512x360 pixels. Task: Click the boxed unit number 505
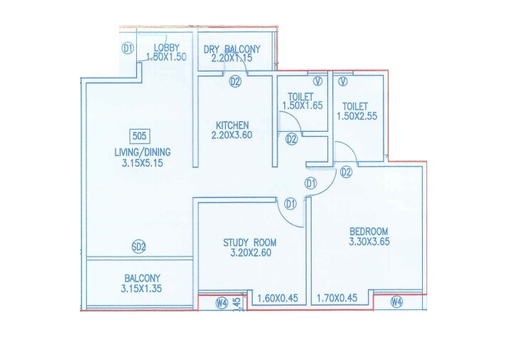(139, 135)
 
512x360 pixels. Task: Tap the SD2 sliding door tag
(139, 247)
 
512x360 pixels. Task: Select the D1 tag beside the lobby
(128, 48)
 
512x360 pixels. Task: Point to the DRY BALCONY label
(232, 49)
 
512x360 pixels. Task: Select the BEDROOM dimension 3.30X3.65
(368, 242)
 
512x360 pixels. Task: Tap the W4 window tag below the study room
(222, 303)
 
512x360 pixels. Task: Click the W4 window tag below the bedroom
(396, 302)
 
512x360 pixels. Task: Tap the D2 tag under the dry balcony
(235, 82)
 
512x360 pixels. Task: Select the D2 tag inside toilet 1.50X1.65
(291, 139)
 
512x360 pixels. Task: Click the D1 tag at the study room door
(290, 204)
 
